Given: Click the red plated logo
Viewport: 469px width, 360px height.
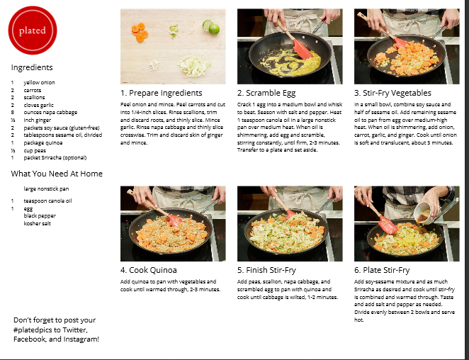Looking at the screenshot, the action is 33,30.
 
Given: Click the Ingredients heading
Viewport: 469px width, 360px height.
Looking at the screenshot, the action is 32,67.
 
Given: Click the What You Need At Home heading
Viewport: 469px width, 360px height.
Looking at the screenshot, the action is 57,174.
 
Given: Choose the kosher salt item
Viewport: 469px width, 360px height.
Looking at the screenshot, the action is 38,223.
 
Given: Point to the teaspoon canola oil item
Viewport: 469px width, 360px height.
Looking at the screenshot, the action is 48,201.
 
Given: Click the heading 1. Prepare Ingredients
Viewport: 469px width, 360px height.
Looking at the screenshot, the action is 162,93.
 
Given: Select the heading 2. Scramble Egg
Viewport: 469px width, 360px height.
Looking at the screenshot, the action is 266,93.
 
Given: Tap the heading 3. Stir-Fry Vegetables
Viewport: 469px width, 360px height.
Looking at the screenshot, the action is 392,93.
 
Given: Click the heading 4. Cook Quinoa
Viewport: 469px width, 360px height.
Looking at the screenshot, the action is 149,270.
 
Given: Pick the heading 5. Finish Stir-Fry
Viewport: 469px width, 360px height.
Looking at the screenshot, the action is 267,270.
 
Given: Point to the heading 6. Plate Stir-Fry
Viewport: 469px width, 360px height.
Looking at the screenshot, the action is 382,270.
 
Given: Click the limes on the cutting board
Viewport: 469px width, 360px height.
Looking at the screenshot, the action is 211,27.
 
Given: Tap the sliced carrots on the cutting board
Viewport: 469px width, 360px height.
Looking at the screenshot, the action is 140,32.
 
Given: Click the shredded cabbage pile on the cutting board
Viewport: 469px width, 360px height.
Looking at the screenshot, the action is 194,65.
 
